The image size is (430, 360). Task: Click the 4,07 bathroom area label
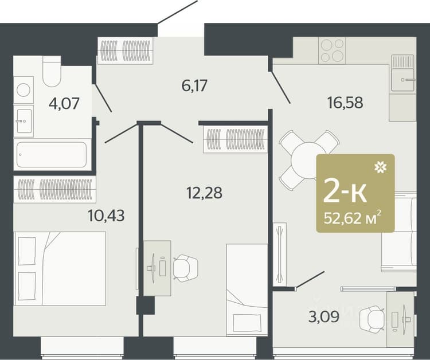[64, 103]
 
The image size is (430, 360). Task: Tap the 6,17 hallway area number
[194, 85]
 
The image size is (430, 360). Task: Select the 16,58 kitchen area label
[345, 103]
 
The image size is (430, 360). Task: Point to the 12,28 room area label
[204, 193]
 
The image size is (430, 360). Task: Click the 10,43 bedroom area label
[107, 215]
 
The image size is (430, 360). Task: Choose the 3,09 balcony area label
[324, 316]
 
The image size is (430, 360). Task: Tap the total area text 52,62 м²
[353, 218]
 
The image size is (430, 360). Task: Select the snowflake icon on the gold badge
[381, 167]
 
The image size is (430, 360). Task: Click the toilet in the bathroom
[52, 71]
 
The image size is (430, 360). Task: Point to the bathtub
[52, 154]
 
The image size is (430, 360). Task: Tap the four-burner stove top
[332, 50]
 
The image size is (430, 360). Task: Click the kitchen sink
[402, 73]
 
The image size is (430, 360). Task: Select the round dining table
[304, 161]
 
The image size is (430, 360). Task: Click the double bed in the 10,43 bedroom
[60, 269]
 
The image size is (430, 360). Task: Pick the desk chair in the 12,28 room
[185, 268]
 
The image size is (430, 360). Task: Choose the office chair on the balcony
[372, 319]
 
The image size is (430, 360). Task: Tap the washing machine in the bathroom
[24, 90]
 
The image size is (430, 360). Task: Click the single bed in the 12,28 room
[247, 289]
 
